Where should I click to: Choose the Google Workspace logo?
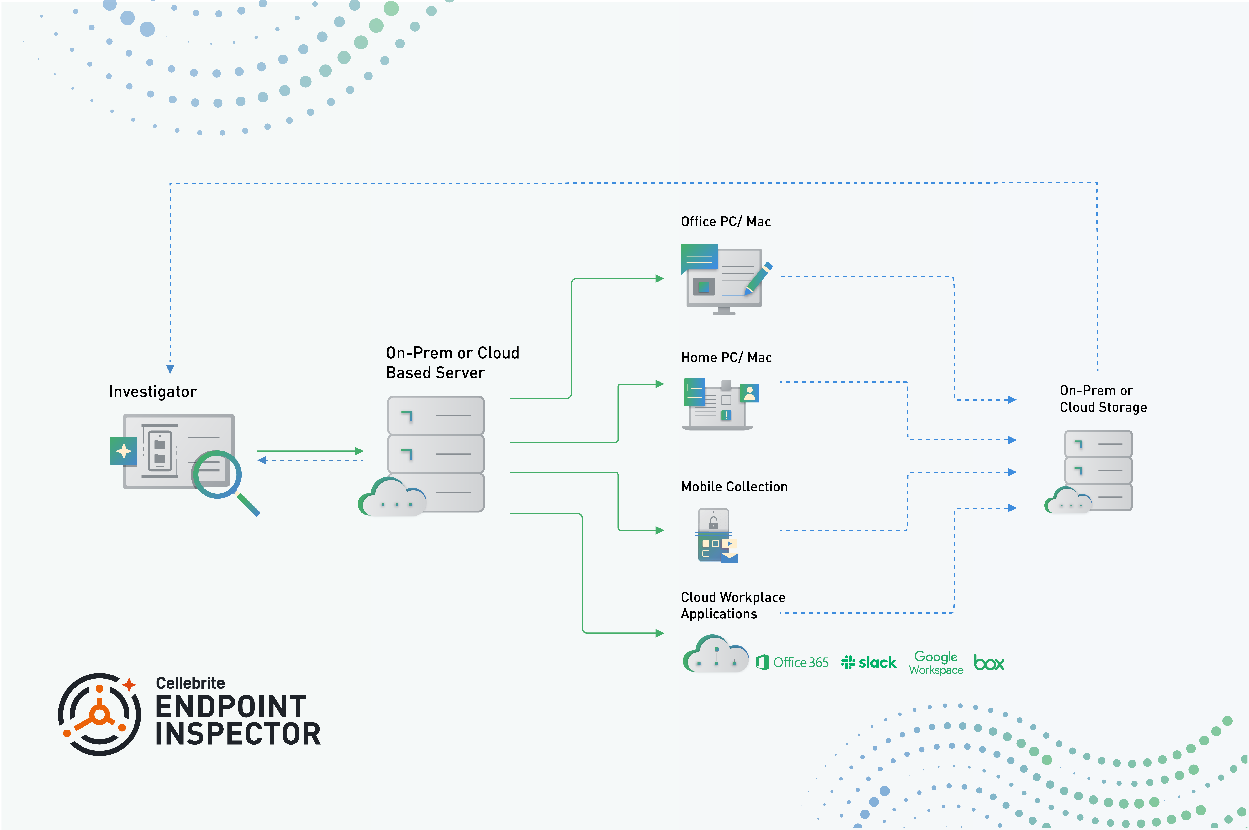(x=936, y=663)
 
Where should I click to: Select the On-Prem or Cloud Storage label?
(x=1103, y=399)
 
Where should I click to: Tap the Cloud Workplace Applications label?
(x=733, y=606)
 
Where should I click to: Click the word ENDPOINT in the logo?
(x=231, y=707)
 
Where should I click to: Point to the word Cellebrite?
(x=190, y=683)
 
